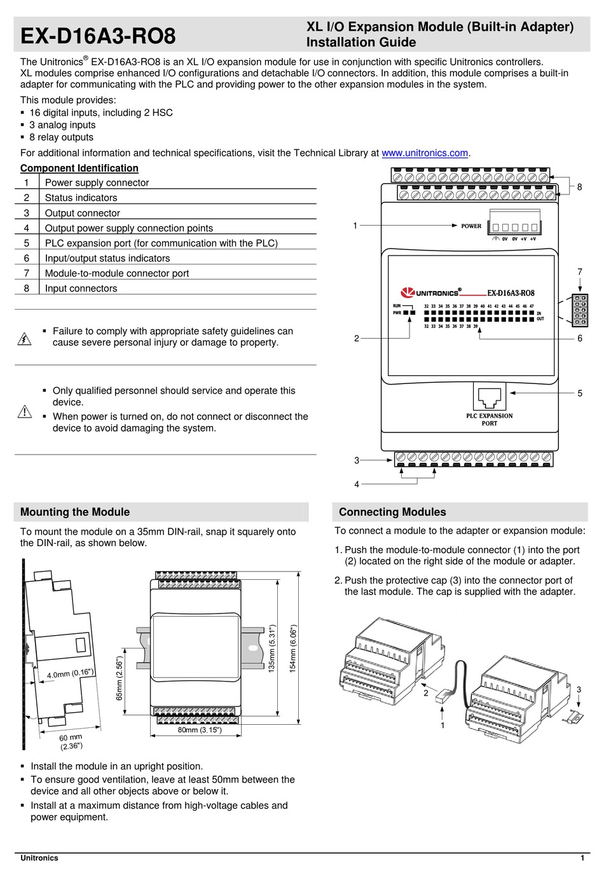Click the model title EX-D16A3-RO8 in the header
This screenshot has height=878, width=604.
[98, 36]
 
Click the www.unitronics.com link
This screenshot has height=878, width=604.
[424, 153]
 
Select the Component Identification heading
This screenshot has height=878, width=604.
[79, 168]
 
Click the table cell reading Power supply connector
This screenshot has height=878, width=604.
[97, 182]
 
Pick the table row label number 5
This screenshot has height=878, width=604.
[27, 243]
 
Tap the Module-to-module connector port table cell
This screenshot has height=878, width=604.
[117, 273]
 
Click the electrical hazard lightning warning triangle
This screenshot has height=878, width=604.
[24, 338]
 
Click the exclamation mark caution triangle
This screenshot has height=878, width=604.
[24, 412]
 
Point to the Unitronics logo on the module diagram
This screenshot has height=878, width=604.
[430, 292]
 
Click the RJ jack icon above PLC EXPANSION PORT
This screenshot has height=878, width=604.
[488, 397]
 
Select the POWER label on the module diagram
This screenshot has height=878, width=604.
[471, 226]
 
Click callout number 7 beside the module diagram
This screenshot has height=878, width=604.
[579, 272]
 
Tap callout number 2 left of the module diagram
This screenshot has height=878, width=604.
[357, 338]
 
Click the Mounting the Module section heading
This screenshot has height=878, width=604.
[75, 512]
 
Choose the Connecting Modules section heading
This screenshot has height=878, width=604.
[392, 512]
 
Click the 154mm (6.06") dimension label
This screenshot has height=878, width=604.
[293, 648]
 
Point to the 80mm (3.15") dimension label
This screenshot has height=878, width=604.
[200, 730]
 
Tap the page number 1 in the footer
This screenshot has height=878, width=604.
[582, 858]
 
